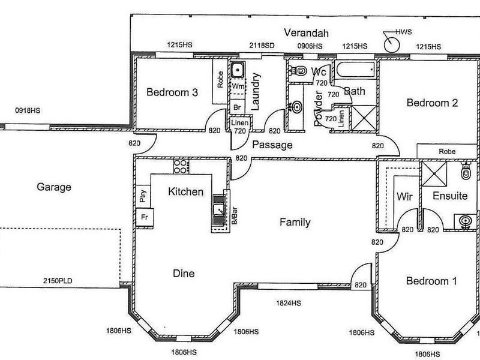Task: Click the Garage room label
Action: pos(53,187)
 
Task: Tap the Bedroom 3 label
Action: pos(172,92)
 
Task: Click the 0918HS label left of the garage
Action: pos(28,110)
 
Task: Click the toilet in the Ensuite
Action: pos(466,172)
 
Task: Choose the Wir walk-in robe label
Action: pos(403,196)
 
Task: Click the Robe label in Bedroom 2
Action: pos(446,151)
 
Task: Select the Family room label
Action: pos(295,223)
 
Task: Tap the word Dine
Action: pos(184,274)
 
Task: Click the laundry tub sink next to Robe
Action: pos(238,70)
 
